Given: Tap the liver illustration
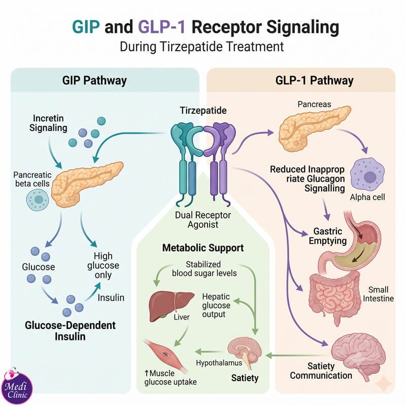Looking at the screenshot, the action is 171,307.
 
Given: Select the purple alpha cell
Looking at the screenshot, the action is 367,175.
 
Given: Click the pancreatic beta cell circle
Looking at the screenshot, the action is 38,199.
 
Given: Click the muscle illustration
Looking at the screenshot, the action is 165,354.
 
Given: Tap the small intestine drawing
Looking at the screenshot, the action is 334,298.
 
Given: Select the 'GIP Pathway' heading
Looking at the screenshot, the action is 94,80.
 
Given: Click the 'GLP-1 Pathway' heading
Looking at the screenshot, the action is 314,80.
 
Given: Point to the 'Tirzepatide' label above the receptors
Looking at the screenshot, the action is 204,111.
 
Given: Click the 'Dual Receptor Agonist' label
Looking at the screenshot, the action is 203,220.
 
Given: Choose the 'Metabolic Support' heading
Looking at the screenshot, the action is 203,248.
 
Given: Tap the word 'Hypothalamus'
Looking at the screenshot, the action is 219,363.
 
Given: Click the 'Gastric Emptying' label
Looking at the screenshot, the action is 327,236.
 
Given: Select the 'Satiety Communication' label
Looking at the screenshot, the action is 321,371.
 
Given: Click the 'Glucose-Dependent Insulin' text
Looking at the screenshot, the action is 70,331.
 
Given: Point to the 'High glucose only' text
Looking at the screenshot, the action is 103,265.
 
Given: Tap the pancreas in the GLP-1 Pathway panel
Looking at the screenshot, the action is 315,128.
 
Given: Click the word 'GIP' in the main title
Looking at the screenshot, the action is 86,27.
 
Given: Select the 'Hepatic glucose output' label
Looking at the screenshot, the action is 216,306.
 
